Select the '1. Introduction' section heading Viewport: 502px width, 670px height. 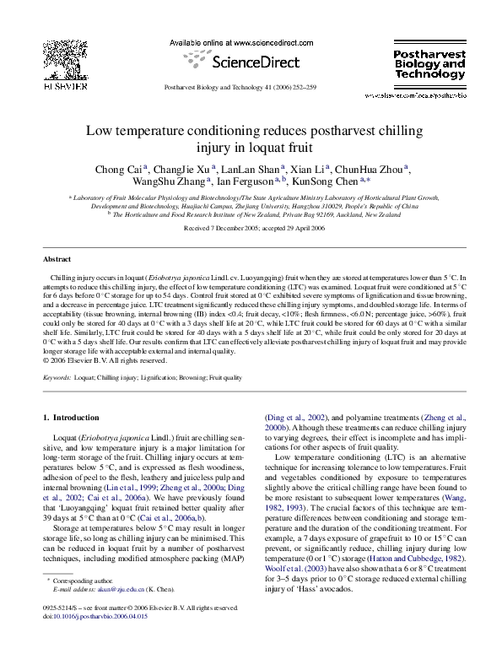point(72,418)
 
